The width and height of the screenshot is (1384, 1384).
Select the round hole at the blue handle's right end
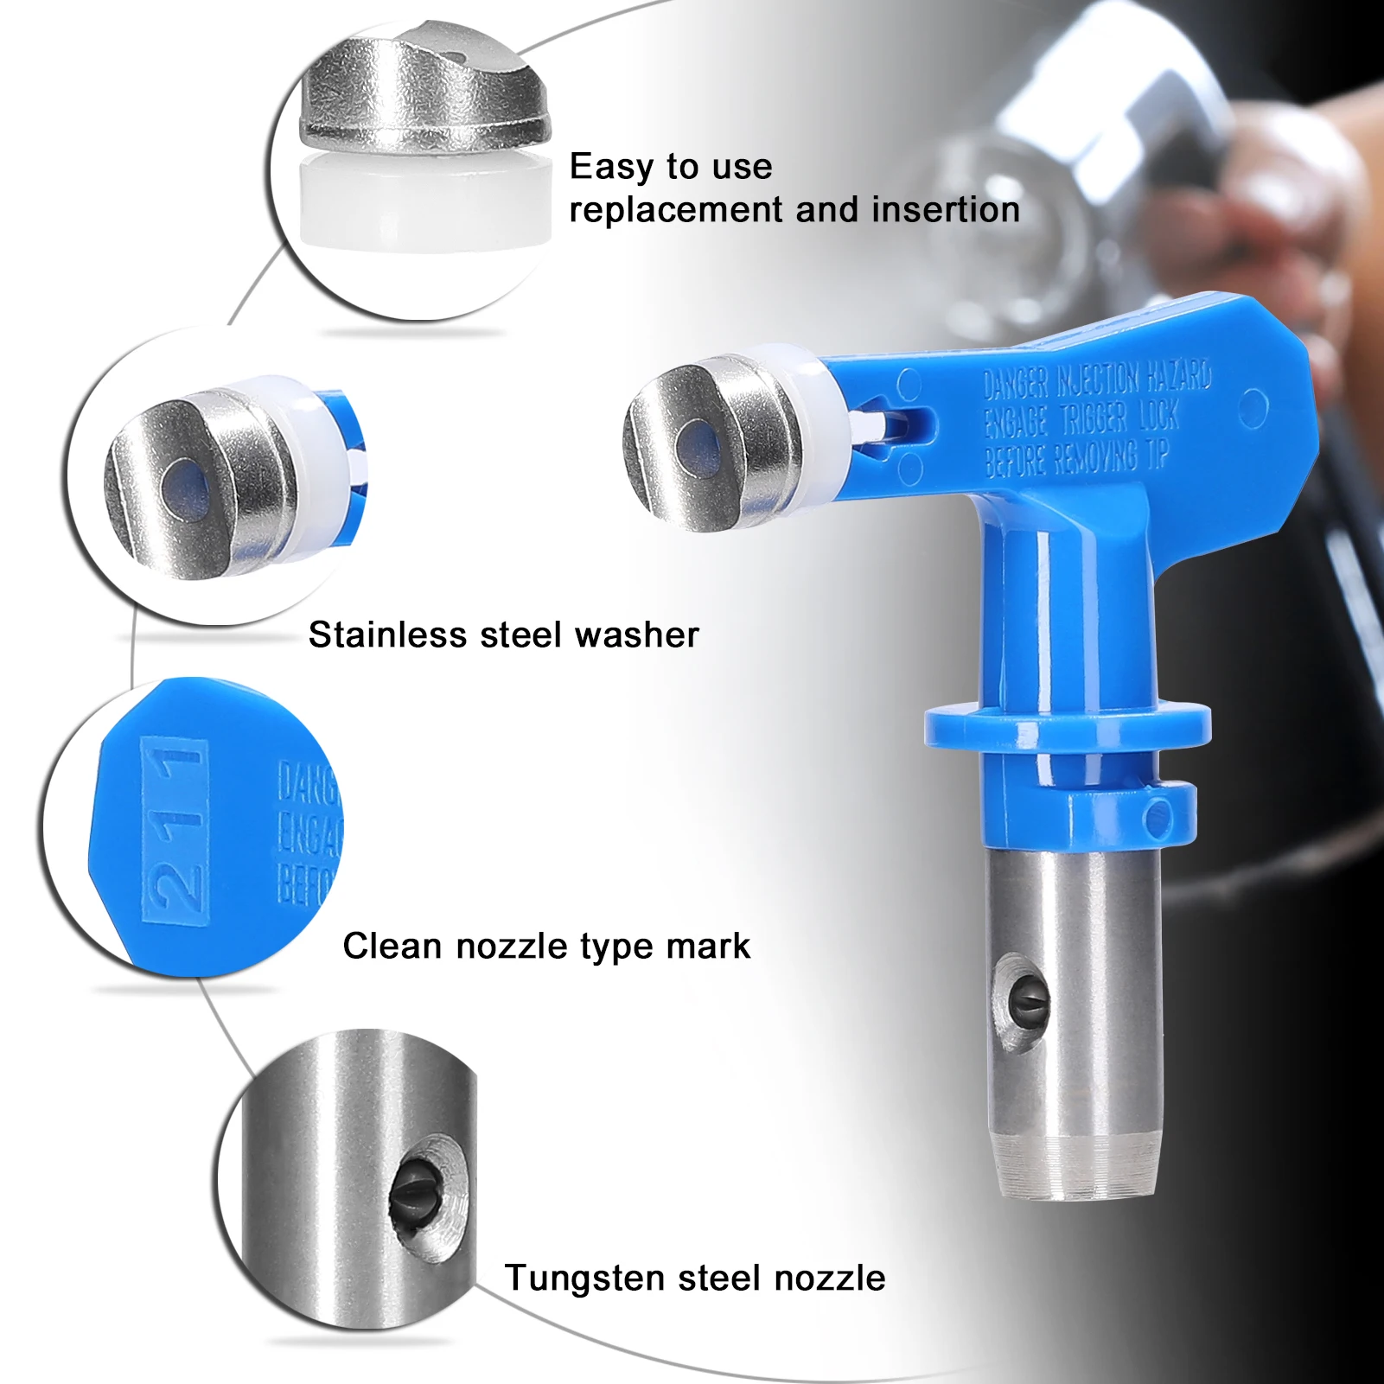tap(1253, 408)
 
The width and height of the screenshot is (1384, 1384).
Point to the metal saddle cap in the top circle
tap(424, 91)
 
